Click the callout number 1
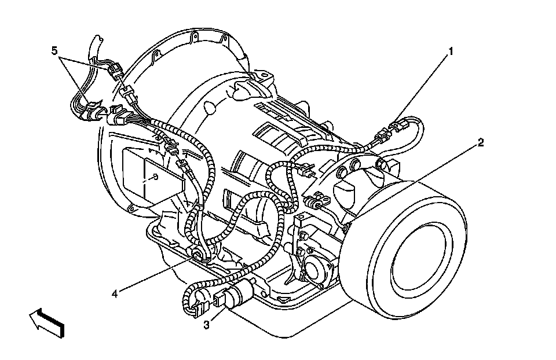(x=451, y=52)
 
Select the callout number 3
(x=207, y=325)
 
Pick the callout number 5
(x=54, y=51)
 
